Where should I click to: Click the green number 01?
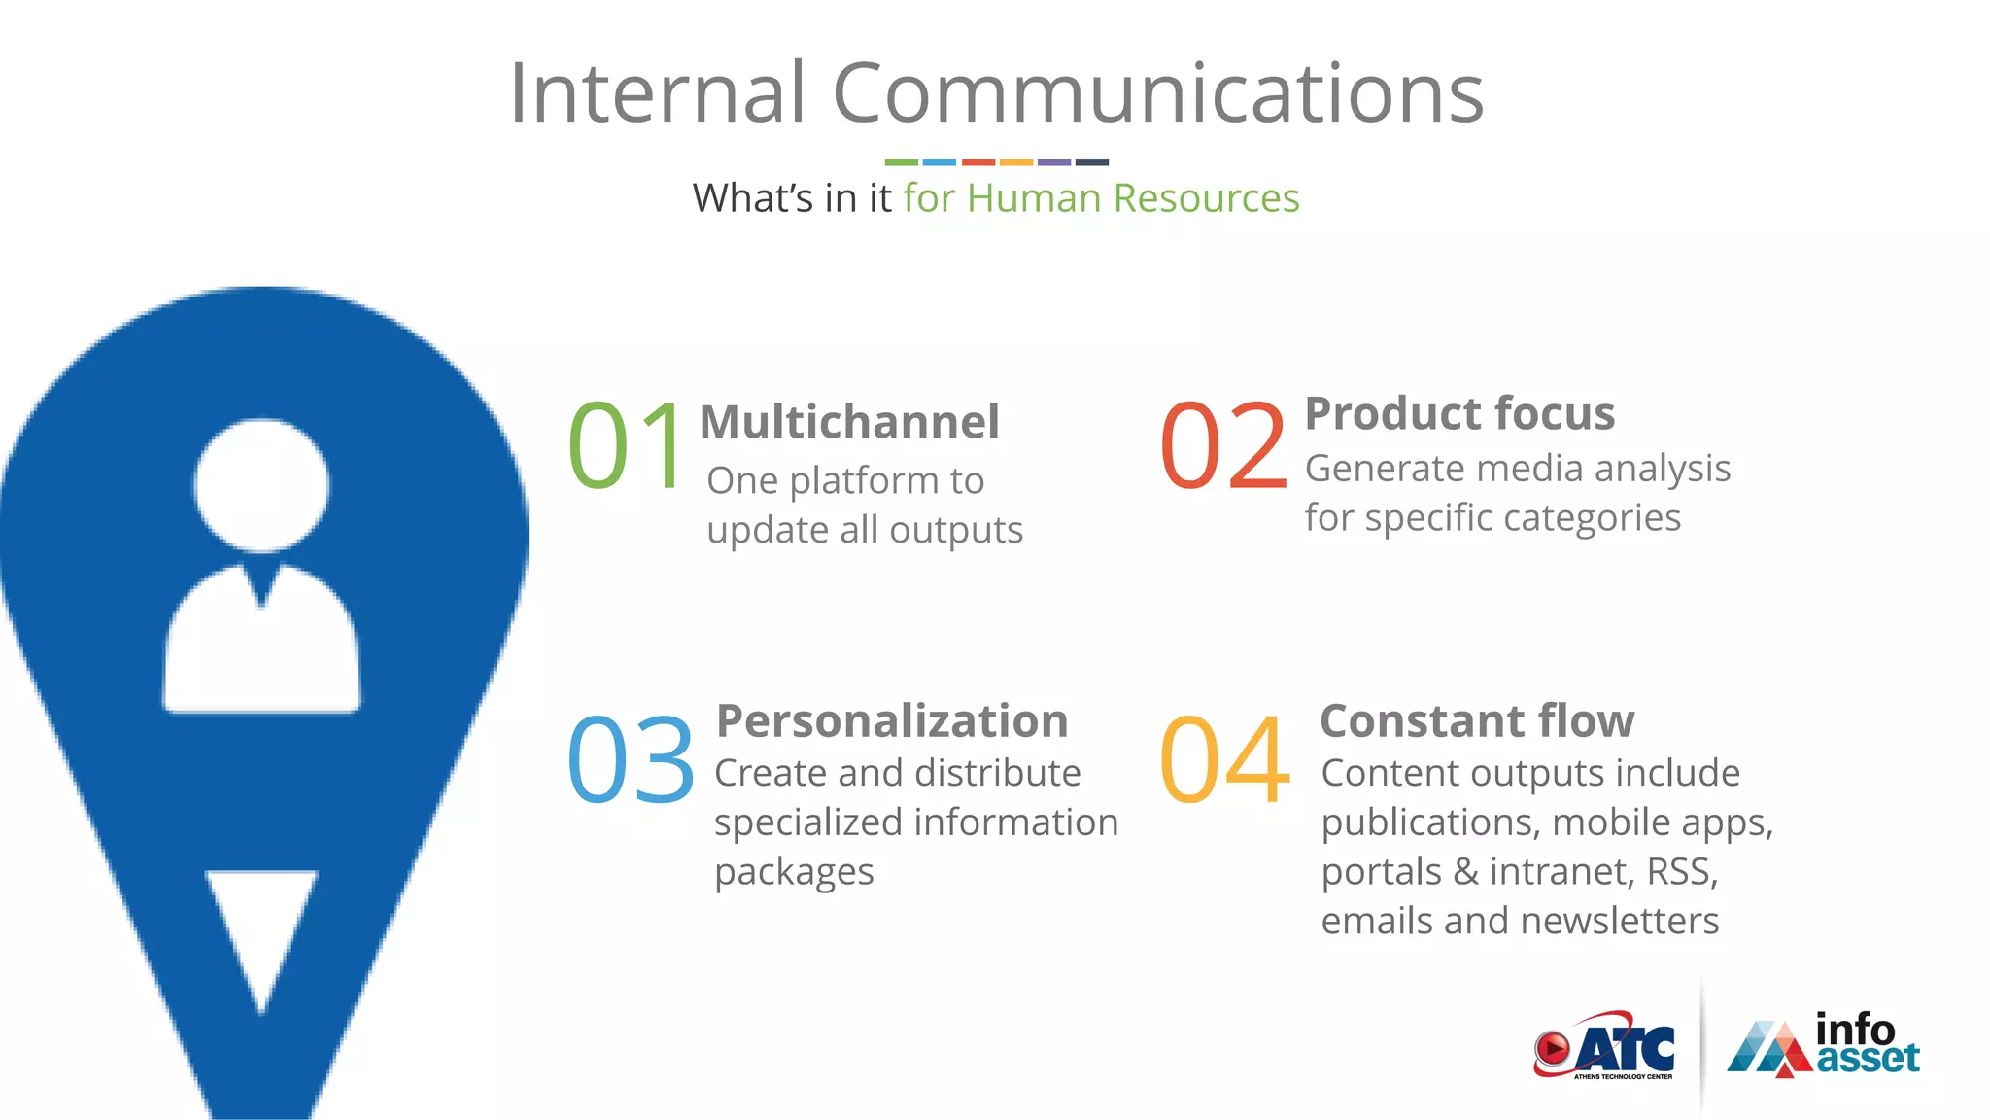pos(627,446)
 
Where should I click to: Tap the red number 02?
pos(1223,446)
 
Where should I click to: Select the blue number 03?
pos(631,759)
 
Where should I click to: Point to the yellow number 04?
pos(1224,759)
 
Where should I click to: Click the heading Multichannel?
pos(849,422)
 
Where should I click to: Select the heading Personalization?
pos(892,721)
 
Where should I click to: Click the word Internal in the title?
pos(657,93)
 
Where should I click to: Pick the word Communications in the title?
pos(1158,93)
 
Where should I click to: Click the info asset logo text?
pos(1866,1043)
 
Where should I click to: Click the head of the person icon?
pos(260,485)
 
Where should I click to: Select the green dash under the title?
pos(901,162)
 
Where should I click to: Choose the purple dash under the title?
pos(1053,162)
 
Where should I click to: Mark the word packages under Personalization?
pos(794,872)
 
